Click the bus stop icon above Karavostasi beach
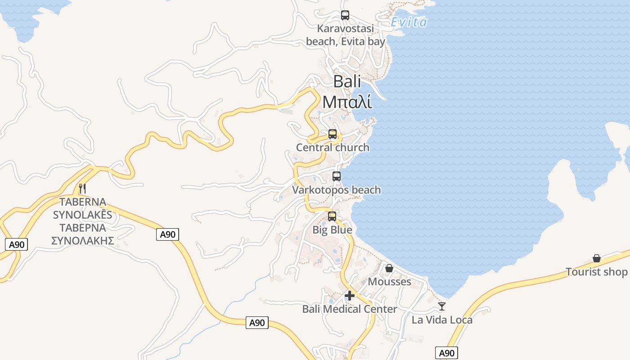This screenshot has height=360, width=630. coord(345,15)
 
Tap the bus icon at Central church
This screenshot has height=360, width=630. coord(333,134)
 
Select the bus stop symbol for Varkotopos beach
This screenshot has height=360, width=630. coord(337,176)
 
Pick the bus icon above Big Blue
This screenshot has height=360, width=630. coord(332,216)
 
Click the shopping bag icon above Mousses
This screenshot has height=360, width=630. coord(389,268)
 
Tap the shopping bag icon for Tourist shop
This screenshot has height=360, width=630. coord(597,258)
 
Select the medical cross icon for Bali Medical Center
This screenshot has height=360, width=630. coord(350,296)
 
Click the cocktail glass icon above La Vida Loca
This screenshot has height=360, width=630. coord(442,306)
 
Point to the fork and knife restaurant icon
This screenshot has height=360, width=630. coord(82,188)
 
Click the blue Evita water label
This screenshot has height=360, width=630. coord(409,22)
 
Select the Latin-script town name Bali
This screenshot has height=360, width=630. coord(347,81)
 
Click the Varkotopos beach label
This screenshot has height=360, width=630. coord(337,190)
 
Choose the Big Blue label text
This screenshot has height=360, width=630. coord(333,230)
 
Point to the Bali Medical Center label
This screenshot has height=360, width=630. coord(350,309)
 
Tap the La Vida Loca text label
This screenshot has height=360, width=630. coord(442,320)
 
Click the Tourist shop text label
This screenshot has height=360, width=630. coord(597,272)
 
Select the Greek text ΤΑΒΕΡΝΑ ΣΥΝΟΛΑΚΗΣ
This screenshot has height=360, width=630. coord(83,234)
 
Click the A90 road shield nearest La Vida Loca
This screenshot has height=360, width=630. coord(446,353)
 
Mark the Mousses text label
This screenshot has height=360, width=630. coord(390,282)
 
